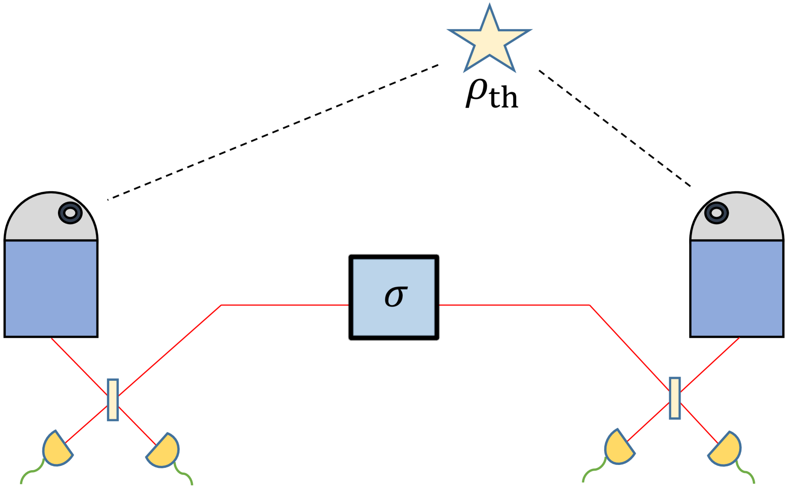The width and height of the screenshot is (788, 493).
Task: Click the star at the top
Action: [489, 40]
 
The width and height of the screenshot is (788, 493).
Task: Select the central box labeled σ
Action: [394, 297]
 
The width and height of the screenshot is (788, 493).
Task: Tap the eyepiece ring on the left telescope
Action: [70, 213]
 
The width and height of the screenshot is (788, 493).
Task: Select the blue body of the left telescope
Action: [51, 288]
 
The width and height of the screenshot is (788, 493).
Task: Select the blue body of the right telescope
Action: [737, 288]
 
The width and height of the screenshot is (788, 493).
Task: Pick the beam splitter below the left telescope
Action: [113, 399]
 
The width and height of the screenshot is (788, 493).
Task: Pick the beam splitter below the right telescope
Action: [674, 398]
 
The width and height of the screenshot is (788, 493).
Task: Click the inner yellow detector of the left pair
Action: [164, 450]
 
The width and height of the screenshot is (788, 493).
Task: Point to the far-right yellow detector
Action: [726, 449]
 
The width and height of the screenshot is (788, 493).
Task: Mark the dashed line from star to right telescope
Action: [615, 128]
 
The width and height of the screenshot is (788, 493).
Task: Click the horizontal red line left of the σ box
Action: [285, 305]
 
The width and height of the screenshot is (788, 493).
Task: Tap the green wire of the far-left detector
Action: [31, 473]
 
